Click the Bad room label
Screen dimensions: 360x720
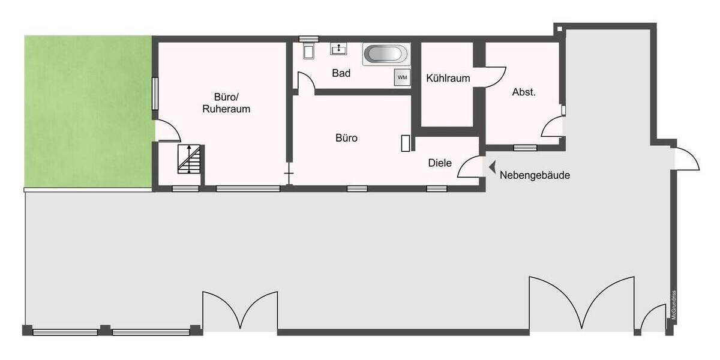click(341, 73)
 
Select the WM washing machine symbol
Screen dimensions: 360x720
click(401, 77)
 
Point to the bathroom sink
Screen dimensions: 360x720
click(341, 47)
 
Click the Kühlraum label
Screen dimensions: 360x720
click(448, 78)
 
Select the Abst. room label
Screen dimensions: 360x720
click(524, 92)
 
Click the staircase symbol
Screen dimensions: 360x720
click(190, 160)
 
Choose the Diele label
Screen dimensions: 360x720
click(440, 163)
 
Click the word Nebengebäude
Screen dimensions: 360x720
click(534, 176)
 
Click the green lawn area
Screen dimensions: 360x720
click(87, 111)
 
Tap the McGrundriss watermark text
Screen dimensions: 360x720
click(674, 305)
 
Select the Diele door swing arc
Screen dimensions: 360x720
click(470, 167)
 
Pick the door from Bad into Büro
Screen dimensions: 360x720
click(305, 82)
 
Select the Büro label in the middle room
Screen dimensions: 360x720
click(346, 138)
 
